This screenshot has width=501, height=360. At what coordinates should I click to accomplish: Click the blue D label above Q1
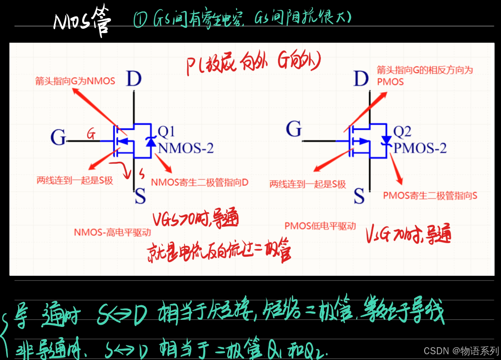point(134,79)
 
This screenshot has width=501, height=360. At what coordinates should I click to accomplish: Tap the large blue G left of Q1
point(58,137)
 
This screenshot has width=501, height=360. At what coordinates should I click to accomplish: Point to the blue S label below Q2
point(359,195)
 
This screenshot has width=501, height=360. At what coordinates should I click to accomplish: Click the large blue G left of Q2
point(294,129)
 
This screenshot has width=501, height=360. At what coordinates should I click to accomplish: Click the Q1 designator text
point(166,131)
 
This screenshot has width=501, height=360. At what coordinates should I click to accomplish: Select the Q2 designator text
point(402,131)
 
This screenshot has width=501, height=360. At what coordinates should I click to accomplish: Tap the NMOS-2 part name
point(185,148)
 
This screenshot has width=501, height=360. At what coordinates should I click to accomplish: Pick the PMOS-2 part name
point(420,148)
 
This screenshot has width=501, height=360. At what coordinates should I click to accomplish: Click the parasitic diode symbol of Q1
point(151,141)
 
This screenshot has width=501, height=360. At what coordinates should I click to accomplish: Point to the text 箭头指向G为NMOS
point(75,81)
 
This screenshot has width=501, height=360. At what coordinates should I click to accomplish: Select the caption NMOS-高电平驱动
point(113,232)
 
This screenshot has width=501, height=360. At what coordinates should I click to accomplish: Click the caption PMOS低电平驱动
point(320,226)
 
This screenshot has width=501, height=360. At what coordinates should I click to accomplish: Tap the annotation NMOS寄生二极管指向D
point(200,182)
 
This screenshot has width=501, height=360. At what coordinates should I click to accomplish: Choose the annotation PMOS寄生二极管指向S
point(430,195)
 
